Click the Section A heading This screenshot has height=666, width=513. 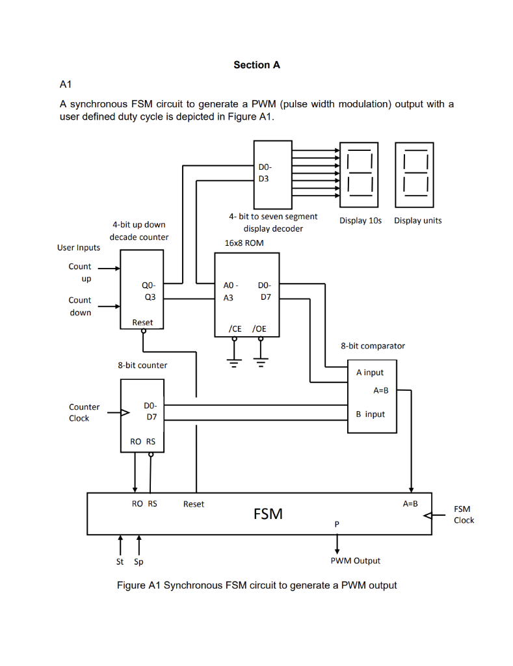click(x=257, y=65)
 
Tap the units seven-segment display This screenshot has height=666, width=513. click(x=415, y=172)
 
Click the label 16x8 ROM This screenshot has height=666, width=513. click(x=244, y=243)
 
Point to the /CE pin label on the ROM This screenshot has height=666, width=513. click(x=235, y=329)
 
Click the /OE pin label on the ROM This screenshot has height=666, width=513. click(x=259, y=329)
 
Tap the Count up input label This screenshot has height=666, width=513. click(x=80, y=273)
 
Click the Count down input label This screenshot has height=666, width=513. click(x=80, y=306)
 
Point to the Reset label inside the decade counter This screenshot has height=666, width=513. click(x=142, y=323)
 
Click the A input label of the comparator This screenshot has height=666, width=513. click(x=370, y=373)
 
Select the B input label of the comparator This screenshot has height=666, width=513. click(x=371, y=414)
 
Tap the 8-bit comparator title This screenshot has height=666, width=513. click(x=373, y=346)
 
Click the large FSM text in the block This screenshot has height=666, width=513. click(x=268, y=514)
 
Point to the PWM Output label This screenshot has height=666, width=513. click(x=355, y=561)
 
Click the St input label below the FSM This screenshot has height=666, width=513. click(x=120, y=561)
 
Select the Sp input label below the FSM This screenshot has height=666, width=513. click(x=138, y=561)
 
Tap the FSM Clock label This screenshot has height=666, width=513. click(x=464, y=514)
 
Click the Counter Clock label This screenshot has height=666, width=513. click(x=84, y=412)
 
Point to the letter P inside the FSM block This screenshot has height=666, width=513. click(x=337, y=524)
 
